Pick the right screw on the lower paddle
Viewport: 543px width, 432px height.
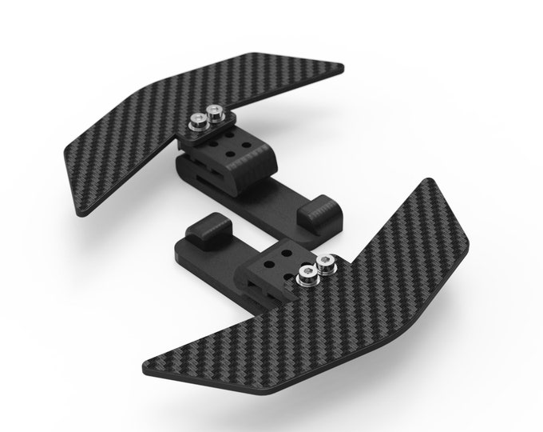(325, 263)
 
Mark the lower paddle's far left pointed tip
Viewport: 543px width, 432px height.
(144, 370)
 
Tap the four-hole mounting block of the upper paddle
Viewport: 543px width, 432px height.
(228, 151)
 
